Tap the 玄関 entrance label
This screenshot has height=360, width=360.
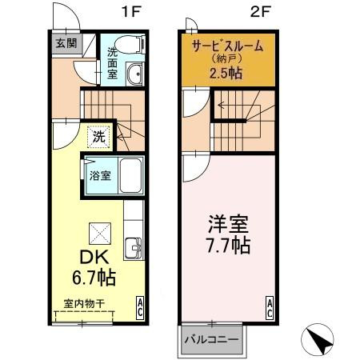(x=65, y=44)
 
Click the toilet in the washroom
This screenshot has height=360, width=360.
(x=126, y=45)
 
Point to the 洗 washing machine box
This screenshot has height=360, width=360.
(x=98, y=136)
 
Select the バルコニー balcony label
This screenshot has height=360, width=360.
(x=212, y=340)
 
